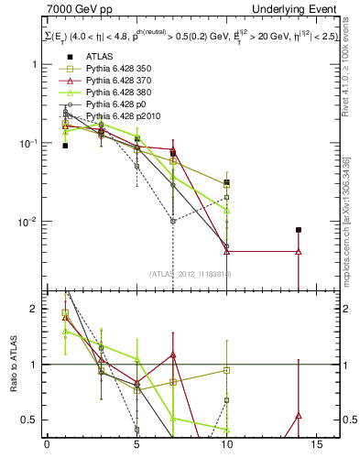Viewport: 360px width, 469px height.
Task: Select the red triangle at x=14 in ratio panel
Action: (298, 416)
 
